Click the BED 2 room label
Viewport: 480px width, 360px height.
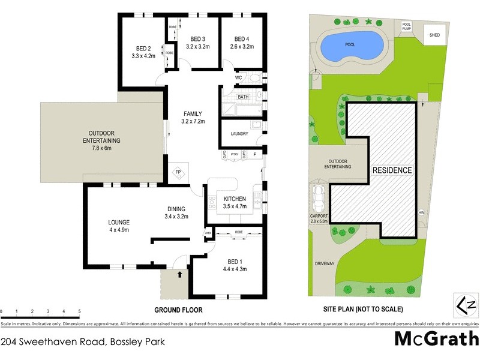click(x=142, y=49)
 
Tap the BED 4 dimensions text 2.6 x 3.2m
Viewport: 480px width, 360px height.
click(x=242, y=46)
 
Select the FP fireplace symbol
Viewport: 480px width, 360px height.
click(x=178, y=173)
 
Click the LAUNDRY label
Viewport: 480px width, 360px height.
click(x=239, y=133)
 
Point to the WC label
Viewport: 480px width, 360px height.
click(x=238, y=78)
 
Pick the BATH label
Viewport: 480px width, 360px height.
click(x=243, y=97)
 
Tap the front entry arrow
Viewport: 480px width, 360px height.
click(x=179, y=275)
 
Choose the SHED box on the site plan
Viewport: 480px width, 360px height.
click(x=434, y=35)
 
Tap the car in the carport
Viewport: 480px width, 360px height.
click(x=318, y=196)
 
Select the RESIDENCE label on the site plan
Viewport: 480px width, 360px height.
click(x=393, y=170)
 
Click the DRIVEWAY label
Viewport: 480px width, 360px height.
click(x=324, y=263)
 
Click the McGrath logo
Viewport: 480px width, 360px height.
click(x=436, y=339)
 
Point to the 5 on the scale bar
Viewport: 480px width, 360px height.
click(x=80, y=311)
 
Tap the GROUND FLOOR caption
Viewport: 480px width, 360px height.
click(x=178, y=310)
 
